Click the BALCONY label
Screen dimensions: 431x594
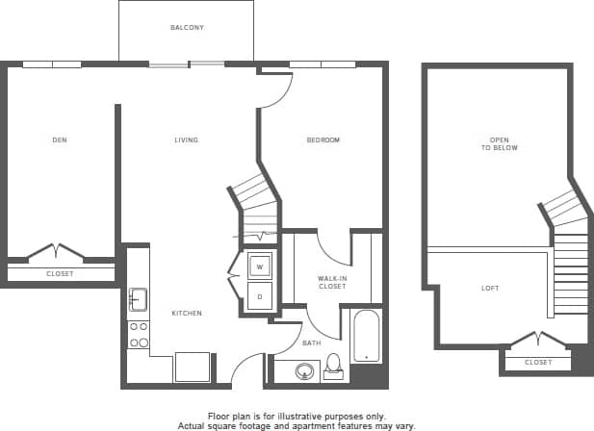(x=186, y=28)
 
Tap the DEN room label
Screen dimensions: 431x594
(x=60, y=140)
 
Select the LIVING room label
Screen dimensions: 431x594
(x=186, y=140)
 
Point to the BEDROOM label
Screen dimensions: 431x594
(x=323, y=140)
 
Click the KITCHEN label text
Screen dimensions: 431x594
(x=186, y=314)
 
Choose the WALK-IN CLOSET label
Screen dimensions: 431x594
(x=332, y=283)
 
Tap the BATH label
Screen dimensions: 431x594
(x=313, y=342)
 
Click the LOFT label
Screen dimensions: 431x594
(x=490, y=289)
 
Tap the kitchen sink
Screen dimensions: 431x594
(x=138, y=300)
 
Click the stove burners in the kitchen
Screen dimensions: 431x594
(x=139, y=334)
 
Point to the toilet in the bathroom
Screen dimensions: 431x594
(x=335, y=365)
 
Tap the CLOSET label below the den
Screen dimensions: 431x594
(x=60, y=274)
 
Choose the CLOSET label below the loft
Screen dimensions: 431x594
(x=538, y=363)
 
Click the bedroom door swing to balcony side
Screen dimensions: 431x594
(x=277, y=89)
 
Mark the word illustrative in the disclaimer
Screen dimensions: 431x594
(x=307, y=414)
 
